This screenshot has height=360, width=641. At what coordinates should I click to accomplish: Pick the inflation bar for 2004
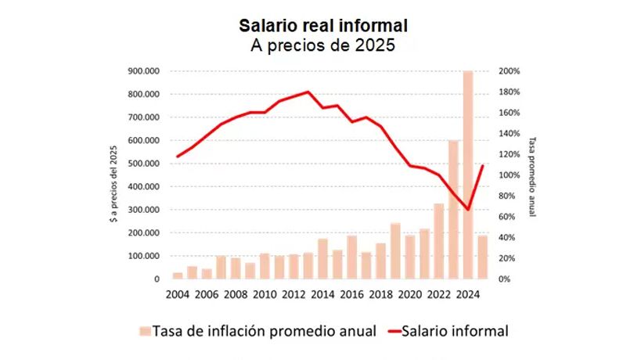tap(178, 275)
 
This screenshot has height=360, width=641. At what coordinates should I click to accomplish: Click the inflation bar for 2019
tap(396, 251)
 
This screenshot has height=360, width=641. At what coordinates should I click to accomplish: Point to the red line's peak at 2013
tap(308, 92)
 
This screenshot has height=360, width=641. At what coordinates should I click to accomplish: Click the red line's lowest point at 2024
tap(468, 209)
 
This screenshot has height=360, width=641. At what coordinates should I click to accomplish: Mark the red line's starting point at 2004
tap(178, 157)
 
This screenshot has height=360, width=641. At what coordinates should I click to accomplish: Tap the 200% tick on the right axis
tap(507, 71)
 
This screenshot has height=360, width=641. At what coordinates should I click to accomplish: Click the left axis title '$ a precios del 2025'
tap(113, 175)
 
